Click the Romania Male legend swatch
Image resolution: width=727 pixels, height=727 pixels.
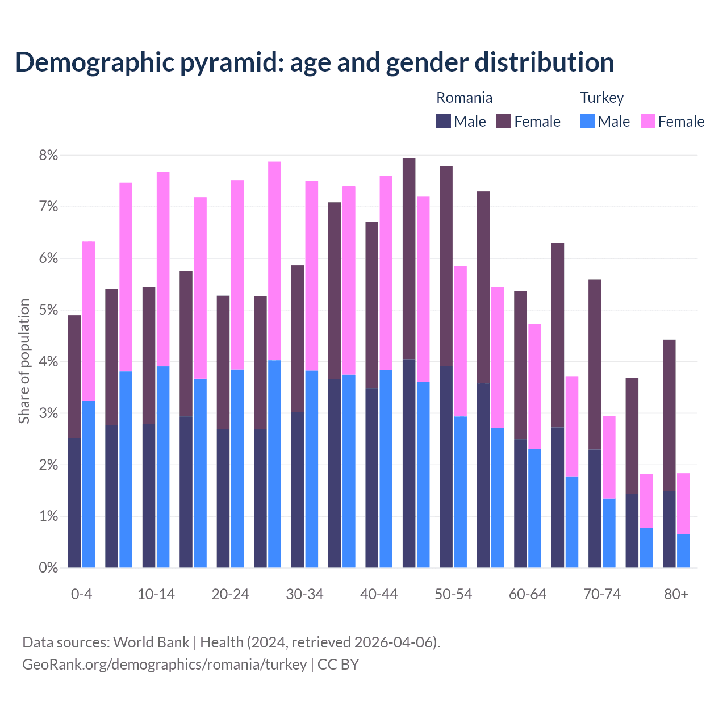pos(443,121)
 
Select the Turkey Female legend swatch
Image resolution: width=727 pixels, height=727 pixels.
pos(647,121)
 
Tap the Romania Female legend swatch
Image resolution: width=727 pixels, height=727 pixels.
pos(504,121)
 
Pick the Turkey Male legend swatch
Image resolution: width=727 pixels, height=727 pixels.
pos(587,121)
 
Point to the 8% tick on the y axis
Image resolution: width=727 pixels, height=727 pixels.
pos(48,155)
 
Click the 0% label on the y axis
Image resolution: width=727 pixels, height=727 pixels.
pos(48,567)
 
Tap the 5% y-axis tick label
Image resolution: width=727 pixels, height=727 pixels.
pos(48,310)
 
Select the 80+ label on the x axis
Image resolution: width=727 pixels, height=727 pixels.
pos(676,595)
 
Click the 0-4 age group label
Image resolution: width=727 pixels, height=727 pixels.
pos(81,595)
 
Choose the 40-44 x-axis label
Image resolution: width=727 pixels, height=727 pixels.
pos(379,595)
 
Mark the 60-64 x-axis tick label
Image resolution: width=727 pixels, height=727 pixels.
pos(528,595)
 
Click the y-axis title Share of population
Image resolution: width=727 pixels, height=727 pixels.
pos(24,361)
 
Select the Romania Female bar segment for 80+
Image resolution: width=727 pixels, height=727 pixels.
pos(669,415)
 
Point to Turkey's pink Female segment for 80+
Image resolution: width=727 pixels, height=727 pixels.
pos(683,503)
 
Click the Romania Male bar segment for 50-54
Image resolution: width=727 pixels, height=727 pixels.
pos(446,466)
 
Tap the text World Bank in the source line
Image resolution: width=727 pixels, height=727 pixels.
pos(151,642)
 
